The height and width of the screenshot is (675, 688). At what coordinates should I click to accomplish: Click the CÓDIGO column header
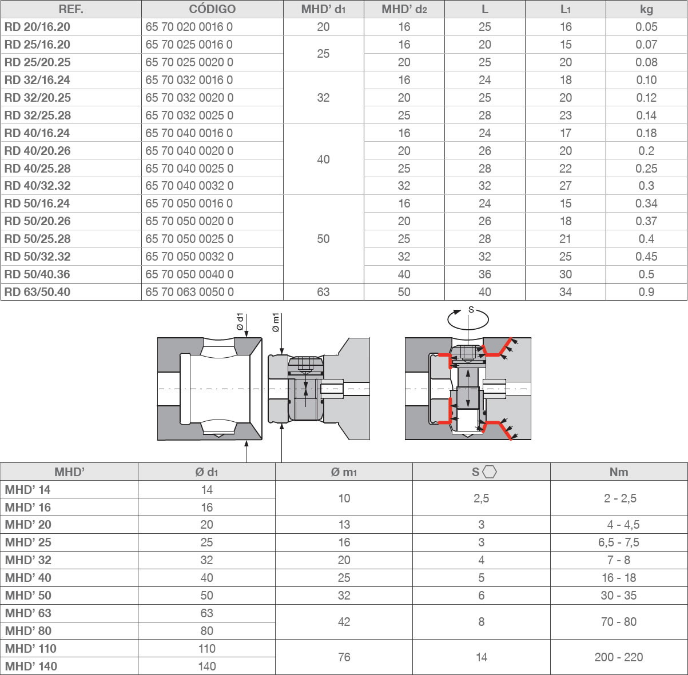212,9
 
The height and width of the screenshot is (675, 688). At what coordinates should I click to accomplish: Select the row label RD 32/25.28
38,115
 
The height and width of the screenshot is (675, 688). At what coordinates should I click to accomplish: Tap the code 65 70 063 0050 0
189,292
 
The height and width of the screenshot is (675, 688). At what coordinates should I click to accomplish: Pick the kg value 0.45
646,256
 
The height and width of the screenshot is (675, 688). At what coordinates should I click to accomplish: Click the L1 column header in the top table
566,9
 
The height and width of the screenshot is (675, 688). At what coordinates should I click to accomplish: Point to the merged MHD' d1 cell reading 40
323,159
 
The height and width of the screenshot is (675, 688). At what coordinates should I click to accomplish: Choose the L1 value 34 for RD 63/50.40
566,292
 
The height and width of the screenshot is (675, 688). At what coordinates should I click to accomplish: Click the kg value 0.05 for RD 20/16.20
646,27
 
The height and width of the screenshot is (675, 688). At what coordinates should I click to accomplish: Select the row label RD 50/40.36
38,274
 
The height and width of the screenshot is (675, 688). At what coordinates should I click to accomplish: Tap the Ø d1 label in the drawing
240,322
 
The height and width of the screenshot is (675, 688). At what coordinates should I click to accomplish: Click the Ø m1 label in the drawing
276,322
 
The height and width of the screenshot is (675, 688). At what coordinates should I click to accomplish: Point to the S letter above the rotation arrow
471,310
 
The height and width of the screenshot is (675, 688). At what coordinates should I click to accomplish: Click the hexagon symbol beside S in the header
490,472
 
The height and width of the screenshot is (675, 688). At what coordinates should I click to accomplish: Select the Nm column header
619,472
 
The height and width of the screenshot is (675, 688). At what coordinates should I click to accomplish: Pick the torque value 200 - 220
619,657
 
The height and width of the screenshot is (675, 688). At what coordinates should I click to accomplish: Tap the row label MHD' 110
31,648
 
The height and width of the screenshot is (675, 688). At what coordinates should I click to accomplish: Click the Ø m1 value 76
344,657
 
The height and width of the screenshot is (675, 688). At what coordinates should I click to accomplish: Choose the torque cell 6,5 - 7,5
619,542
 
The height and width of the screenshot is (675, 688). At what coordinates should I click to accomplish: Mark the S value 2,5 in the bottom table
482,498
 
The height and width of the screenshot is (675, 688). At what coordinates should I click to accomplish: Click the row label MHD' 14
28,489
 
